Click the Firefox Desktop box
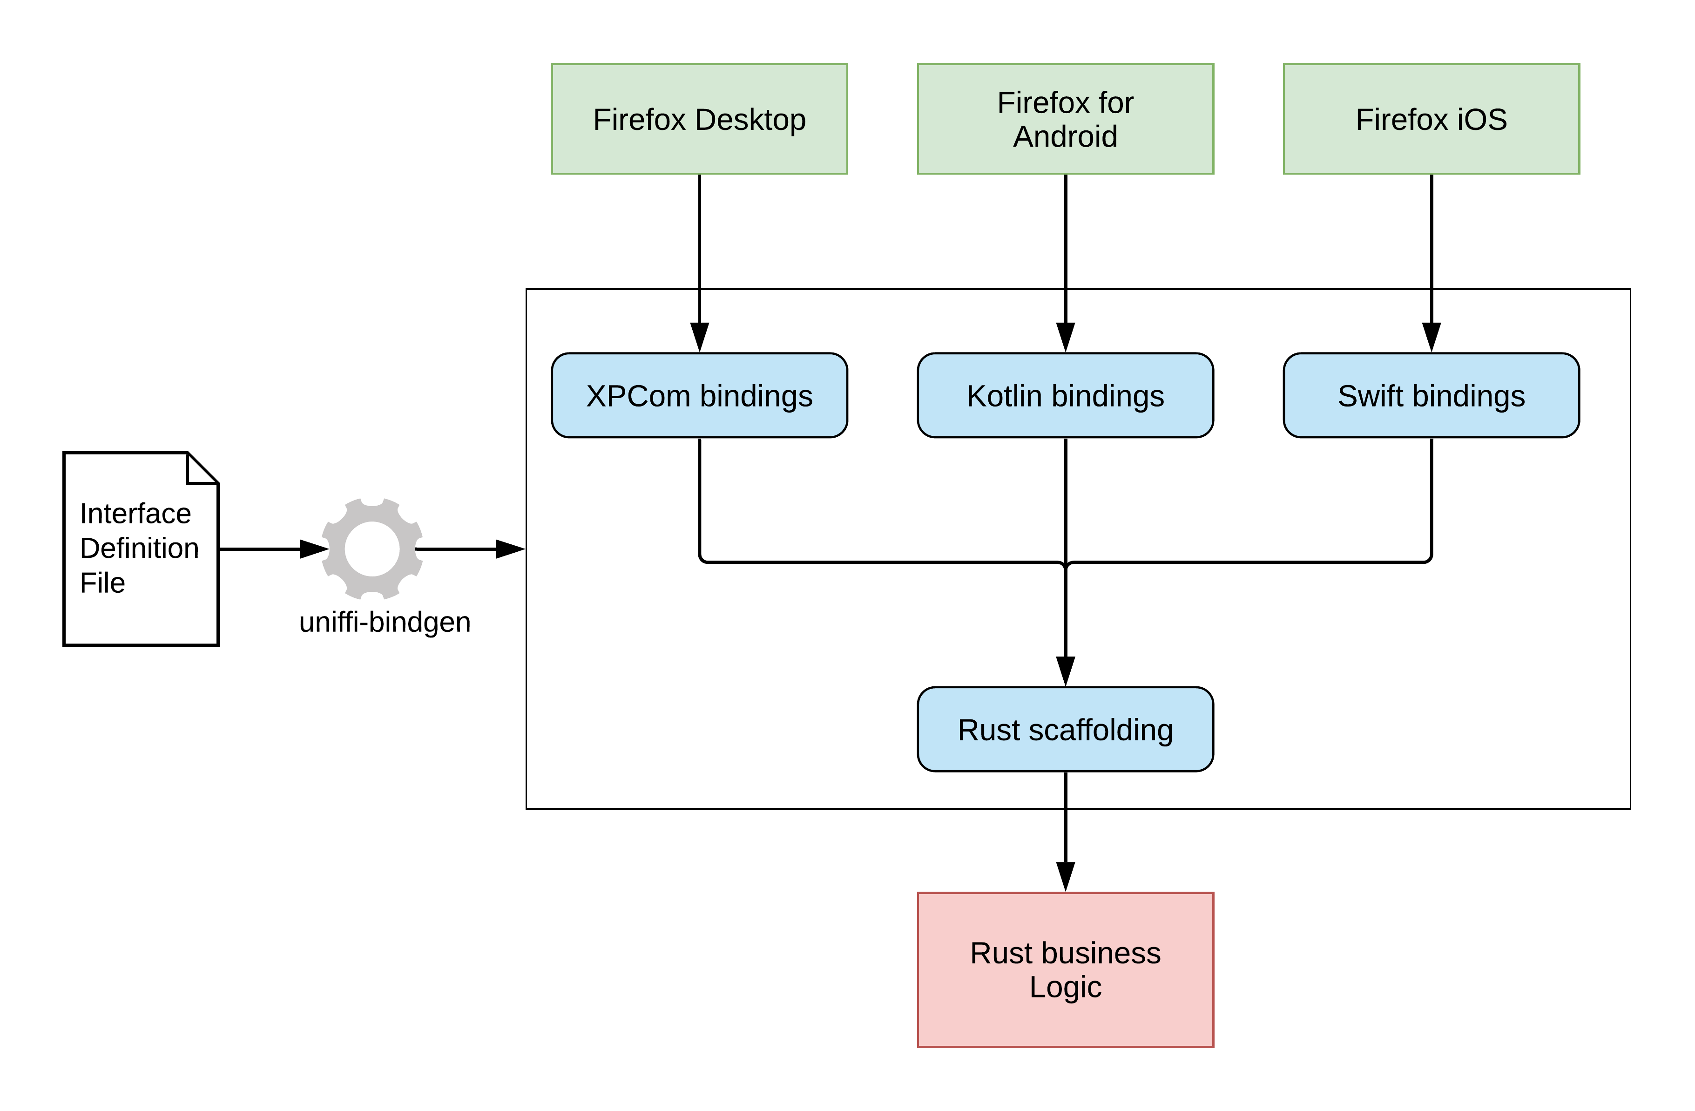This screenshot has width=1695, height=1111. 699,119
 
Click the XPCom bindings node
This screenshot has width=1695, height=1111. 699,395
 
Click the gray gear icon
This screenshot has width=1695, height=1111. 372,549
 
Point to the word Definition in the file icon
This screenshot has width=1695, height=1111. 140,549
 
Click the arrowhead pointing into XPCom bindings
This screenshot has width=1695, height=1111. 699,337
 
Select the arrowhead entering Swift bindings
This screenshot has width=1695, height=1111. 1432,337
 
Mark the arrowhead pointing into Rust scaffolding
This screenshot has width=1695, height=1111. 1066,671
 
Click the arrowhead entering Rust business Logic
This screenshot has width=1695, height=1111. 1066,876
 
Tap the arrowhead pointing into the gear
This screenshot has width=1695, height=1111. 313,549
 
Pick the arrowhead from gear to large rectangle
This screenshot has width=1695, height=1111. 509,549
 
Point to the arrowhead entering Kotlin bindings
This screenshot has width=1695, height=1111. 1066,337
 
